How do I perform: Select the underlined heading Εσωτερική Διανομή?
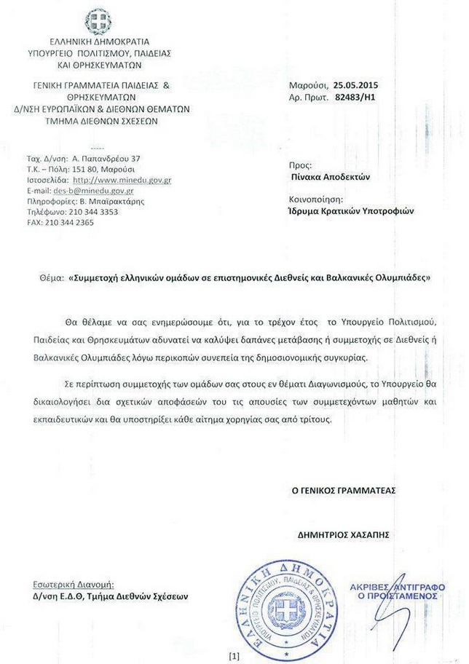pos(74,584)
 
